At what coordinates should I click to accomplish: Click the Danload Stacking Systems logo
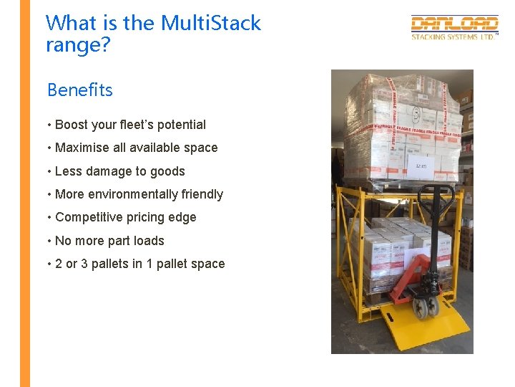pyautogui.click(x=454, y=27)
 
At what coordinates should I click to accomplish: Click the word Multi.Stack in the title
pyautogui.click(x=210, y=23)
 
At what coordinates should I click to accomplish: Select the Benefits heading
pyautogui.click(x=80, y=90)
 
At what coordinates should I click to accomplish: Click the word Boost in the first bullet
pyautogui.click(x=72, y=125)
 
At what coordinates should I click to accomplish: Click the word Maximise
pyautogui.click(x=84, y=148)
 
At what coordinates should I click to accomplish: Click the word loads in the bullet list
pyautogui.click(x=149, y=241)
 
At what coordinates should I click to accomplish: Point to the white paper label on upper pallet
pyautogui.click(x=422, y=166)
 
